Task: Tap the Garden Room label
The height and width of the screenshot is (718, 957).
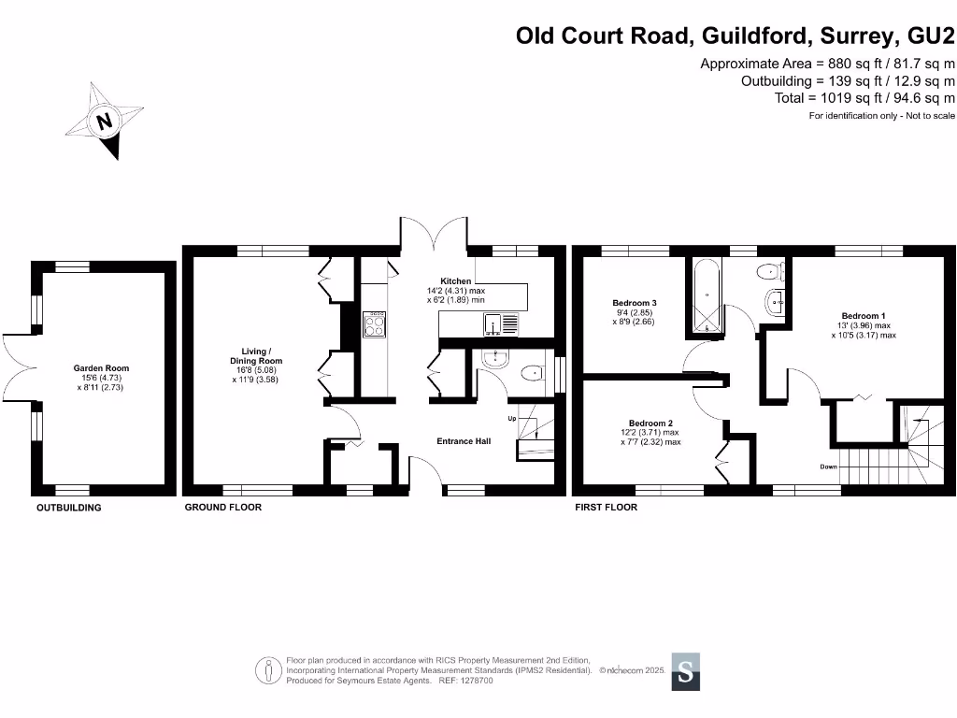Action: coord(101,368)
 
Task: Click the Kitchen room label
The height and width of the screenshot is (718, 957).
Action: coord(457,280)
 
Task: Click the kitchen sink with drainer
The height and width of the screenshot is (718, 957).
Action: coord(501,324)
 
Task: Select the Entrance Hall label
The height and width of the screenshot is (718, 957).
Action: coord(464,440)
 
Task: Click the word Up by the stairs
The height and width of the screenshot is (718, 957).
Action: coord(511,418)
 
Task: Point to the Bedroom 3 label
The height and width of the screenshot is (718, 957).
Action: coord(635,303)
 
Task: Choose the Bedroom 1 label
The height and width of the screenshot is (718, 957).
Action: coord(864,316)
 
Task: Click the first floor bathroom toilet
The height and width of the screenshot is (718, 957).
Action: coord(769,272)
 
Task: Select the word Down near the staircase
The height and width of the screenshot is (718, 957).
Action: coord(828,466)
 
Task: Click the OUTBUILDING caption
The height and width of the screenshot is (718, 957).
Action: coord(68,508)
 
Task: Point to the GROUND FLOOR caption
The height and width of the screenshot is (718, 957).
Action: coord(222,507)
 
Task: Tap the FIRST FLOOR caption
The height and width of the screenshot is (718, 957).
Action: coord(606,507)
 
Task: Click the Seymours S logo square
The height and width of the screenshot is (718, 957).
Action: coord(685,670)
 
